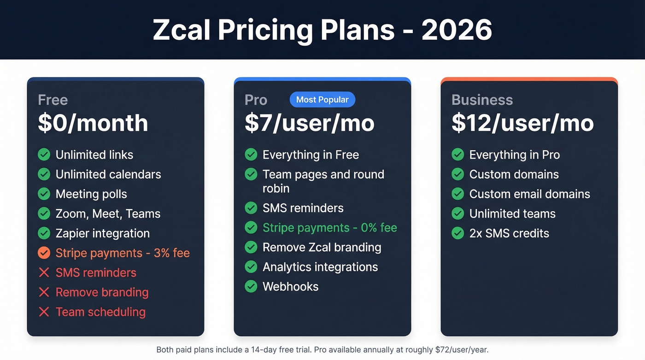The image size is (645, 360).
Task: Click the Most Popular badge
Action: pos(322,100)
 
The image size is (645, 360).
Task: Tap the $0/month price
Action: pos(93,123)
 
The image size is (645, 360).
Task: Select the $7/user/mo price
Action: pos(309,123)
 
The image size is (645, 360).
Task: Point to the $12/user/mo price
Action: pos(522,123)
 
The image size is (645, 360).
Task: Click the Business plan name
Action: pos(482,100)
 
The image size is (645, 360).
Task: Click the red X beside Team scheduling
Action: pos(44,312)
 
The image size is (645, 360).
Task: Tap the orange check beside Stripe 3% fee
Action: pos(44,253)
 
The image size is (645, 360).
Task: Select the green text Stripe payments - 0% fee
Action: pos(329,228)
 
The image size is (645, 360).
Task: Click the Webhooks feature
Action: pos(290,287)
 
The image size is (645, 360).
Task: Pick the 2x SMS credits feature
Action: pos(509,233)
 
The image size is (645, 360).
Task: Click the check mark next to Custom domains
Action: pos(457,174)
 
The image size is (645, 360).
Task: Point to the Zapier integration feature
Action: pos(102,233)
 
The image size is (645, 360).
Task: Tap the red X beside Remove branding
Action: pos(44,292)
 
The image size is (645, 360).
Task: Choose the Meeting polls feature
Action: pos(91,194)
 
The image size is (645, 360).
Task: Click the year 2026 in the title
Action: pos(457,30)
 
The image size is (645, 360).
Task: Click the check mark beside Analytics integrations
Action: pos(251,267)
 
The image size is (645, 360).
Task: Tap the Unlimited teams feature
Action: pos(512,214)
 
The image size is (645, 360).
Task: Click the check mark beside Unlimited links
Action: pos(44,154)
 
